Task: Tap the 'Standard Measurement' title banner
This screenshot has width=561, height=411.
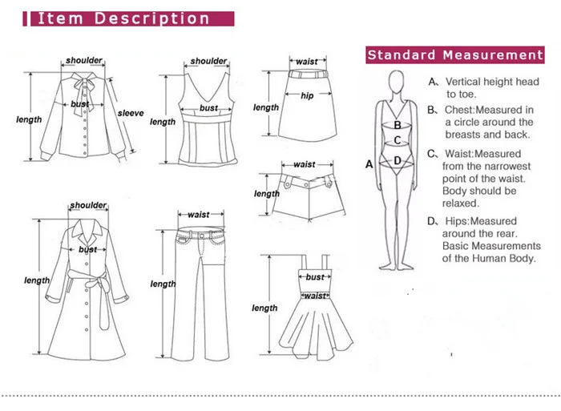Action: point(455,55)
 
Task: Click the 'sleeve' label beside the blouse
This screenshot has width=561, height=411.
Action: point(131,113)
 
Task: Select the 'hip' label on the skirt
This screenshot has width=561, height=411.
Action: point(307,96)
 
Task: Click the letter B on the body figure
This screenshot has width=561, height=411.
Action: point(396,125)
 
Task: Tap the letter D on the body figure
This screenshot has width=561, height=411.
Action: point(396,160)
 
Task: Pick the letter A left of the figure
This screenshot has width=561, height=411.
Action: point(369,164)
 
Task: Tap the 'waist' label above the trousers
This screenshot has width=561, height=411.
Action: point(198,215)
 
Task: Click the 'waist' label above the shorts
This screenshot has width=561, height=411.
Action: point(305,164)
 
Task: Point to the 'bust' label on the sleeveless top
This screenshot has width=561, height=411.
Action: point(208,108)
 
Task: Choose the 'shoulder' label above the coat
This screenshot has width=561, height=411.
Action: point(87,206)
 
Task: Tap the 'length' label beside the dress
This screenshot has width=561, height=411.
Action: point(264,308)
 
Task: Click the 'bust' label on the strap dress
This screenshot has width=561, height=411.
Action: point(315,277)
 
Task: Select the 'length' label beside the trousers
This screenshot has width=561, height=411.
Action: point(163,284)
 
